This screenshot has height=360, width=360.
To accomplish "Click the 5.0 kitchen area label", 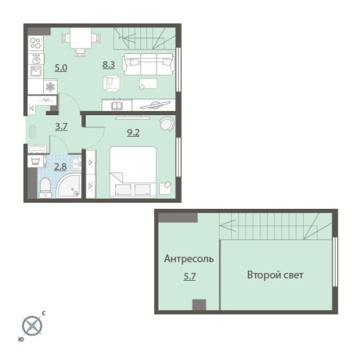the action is click(61, 68).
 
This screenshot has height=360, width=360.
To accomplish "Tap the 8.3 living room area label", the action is click(109, 65).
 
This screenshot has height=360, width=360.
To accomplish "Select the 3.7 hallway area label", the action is click(61, 127).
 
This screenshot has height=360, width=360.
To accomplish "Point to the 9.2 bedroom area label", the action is click(133, 132).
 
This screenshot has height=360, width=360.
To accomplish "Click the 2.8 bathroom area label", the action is click(60, 166).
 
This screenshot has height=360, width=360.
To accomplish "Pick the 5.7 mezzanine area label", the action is click(189, 276).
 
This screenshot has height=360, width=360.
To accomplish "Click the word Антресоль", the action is click(189, 258).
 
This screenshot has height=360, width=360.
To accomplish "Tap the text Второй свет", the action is click(275, 275).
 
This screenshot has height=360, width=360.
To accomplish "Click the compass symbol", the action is click(32, 325).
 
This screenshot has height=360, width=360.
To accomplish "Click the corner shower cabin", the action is click(69, 186).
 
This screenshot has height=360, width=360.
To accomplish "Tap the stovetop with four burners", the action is click(36, 42).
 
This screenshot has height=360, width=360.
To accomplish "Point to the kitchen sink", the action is click(36, 71).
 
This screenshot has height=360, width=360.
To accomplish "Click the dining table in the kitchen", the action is click(81, 38).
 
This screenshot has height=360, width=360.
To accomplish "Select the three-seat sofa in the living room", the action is click(148, 65).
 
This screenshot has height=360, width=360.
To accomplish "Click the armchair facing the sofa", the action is click(112, 83).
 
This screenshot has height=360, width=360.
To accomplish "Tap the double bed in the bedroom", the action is click(133, 172).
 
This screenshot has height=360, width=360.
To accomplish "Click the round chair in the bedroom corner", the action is click(167, 123).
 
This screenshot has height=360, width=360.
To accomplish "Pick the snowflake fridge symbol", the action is click(50, 87).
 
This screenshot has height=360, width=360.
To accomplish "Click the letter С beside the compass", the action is click(44, 313).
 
